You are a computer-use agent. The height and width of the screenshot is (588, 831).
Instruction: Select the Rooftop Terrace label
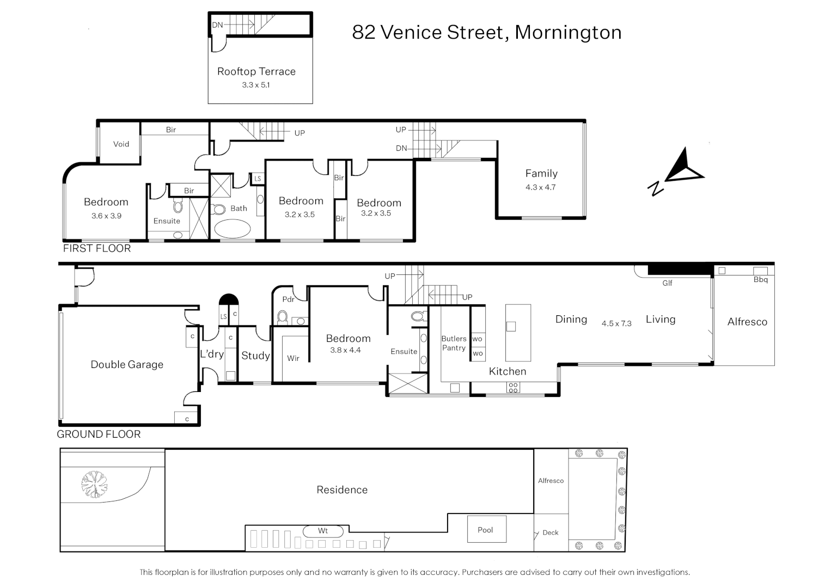click(x=256, y=71)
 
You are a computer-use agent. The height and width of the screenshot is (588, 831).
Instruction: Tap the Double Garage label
click(x=127, y=365)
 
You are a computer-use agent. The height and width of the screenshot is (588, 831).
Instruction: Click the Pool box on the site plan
click(x=485, y=530)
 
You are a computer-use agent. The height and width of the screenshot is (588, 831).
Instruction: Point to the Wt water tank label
click(x=323, y=530)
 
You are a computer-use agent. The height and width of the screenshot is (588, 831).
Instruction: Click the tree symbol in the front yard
click(x=94, y=484)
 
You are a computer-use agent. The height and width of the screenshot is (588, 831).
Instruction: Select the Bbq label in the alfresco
click(x=760, y=279)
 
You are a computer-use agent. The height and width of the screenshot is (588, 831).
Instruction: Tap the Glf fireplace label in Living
click(x=667, y=283)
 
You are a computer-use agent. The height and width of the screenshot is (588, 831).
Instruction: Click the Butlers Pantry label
click(x=454, y=343)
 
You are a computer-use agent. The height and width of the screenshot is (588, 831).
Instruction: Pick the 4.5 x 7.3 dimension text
click(x=616, y=323)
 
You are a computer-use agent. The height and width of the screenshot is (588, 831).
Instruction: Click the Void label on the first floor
click(x=121, y=144)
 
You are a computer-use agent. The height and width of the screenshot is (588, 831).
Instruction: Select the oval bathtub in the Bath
click(x=233, y=228)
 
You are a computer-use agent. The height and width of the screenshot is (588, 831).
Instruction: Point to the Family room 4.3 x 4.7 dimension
click(x=540, y=187)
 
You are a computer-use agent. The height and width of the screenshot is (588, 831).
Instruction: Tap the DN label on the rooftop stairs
click(x=217, y=25)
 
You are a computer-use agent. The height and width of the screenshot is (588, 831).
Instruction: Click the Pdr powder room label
click(x=288, y=299)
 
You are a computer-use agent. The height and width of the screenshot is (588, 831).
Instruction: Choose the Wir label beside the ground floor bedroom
click(x=293, y=358)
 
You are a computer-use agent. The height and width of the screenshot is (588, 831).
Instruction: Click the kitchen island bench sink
click(x=511, y=327)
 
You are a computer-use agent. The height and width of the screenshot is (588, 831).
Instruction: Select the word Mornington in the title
click(x=568, y=32)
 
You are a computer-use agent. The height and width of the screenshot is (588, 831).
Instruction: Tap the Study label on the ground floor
click(x=255, y=356)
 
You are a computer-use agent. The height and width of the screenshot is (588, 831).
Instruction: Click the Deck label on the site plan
click(x=551, y=532)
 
